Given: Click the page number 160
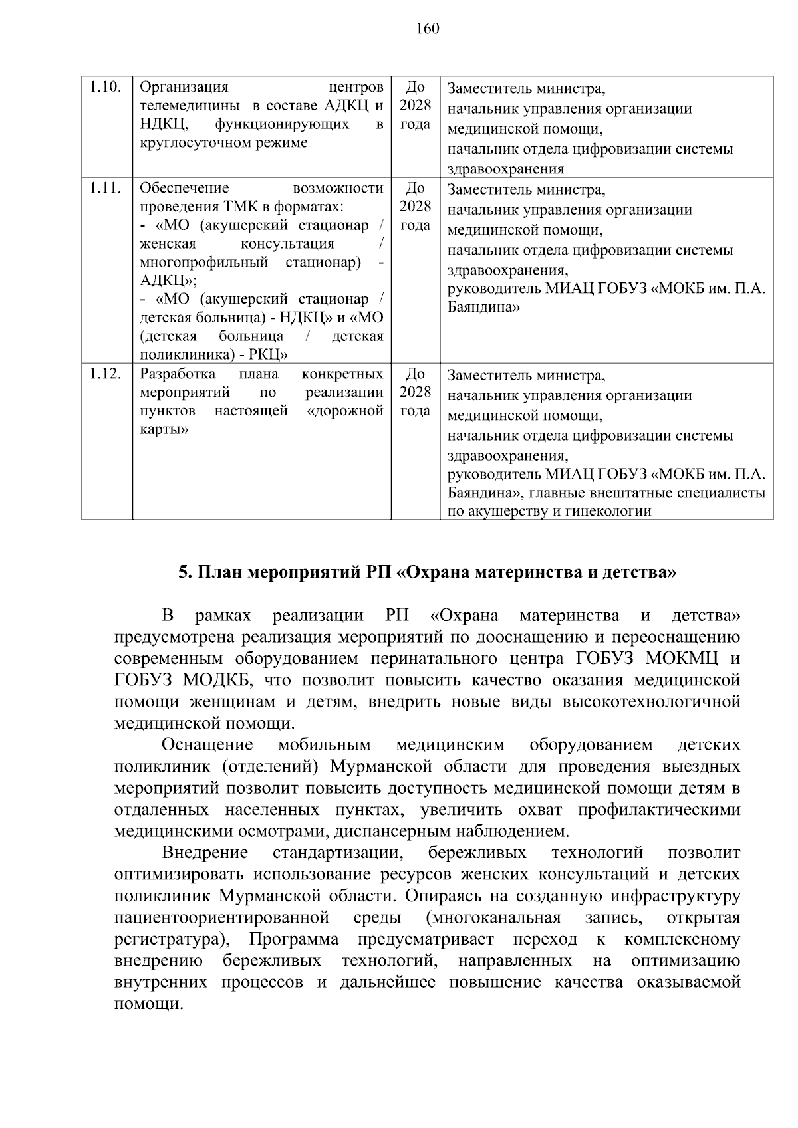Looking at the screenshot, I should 428,28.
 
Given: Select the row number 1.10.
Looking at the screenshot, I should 106,88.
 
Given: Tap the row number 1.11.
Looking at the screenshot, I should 106,188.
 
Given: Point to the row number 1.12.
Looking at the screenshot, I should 106,374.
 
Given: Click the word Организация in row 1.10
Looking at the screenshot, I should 184,88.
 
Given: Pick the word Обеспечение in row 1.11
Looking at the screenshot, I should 184,188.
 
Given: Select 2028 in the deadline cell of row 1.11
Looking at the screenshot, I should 415,207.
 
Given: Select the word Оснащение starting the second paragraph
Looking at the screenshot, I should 207,744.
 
